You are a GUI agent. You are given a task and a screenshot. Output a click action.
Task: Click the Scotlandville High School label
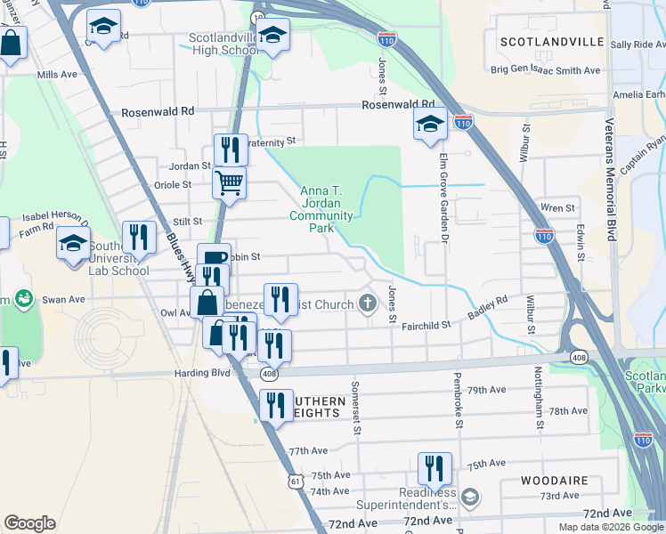[x=223, y=44]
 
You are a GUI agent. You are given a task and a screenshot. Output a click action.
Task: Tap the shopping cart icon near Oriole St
[x=229, y=182]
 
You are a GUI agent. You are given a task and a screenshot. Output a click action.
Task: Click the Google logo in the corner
[x=29, y=523]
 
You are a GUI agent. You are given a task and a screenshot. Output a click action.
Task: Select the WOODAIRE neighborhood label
[x=555, y=481]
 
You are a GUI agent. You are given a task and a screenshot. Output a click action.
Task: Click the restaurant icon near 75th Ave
[x=434, y=466]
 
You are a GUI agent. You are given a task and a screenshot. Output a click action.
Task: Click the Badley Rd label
[x=488, y=308]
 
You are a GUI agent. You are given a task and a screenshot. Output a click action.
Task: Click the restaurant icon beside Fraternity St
[x=231, y=148]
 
